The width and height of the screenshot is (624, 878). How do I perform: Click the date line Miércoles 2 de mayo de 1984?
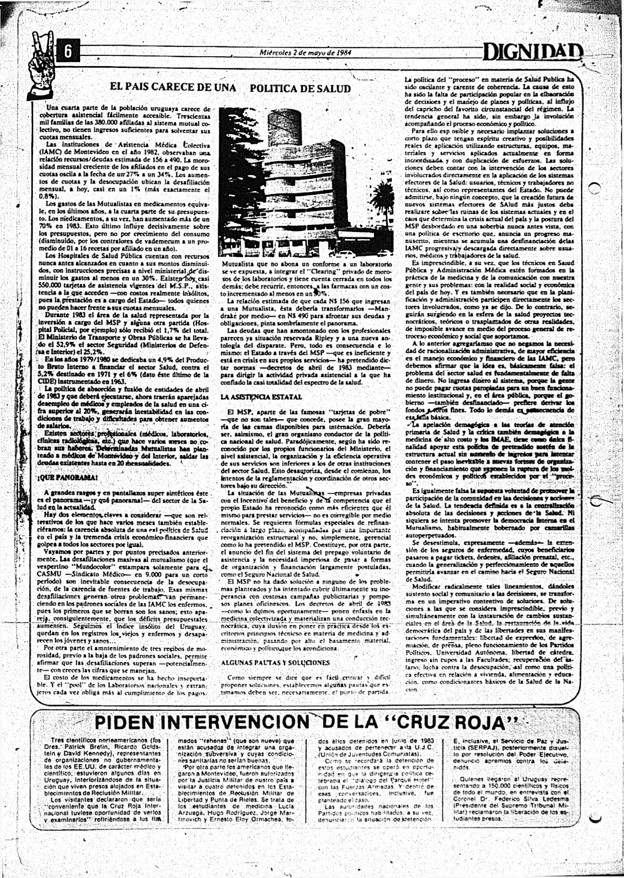(305, 52)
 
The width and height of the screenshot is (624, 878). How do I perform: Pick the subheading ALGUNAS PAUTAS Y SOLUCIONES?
(275, 662)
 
